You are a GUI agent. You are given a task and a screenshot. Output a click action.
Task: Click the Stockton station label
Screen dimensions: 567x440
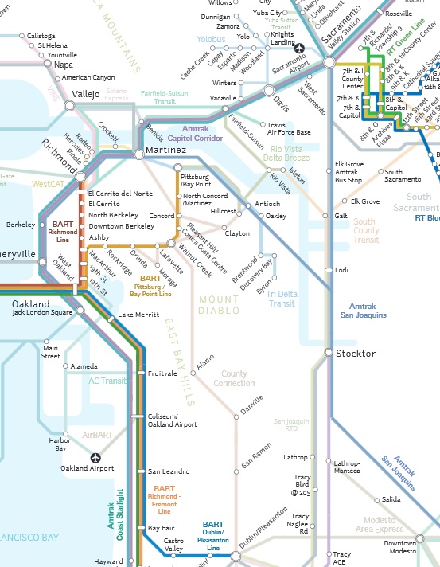pyautogui.click(x=356, y=353)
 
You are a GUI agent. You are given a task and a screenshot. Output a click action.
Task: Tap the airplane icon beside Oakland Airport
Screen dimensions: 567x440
pyautogui.click(x=96, y=458)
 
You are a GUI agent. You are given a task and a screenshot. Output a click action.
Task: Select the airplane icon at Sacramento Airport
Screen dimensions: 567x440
pyautogui.click(x=300, y=47)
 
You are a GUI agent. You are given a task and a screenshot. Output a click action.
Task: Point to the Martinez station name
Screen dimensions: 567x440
pyautogui.click(x=165, y=151)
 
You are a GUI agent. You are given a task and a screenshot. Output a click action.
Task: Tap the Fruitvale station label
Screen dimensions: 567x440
pyautogui.click(x=162, y=373)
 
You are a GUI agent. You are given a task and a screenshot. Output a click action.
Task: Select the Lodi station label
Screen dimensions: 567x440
pyautogui.click(x=342, y=271)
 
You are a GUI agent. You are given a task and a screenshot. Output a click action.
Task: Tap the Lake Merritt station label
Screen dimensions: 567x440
pyautogui.click(x=138, y=315)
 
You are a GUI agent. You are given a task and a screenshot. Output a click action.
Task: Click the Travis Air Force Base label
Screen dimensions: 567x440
pyautogui.click(x=289, y=128)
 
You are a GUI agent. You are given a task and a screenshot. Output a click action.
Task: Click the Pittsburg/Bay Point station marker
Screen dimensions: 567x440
pyautogui.click(x=177, y=167)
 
